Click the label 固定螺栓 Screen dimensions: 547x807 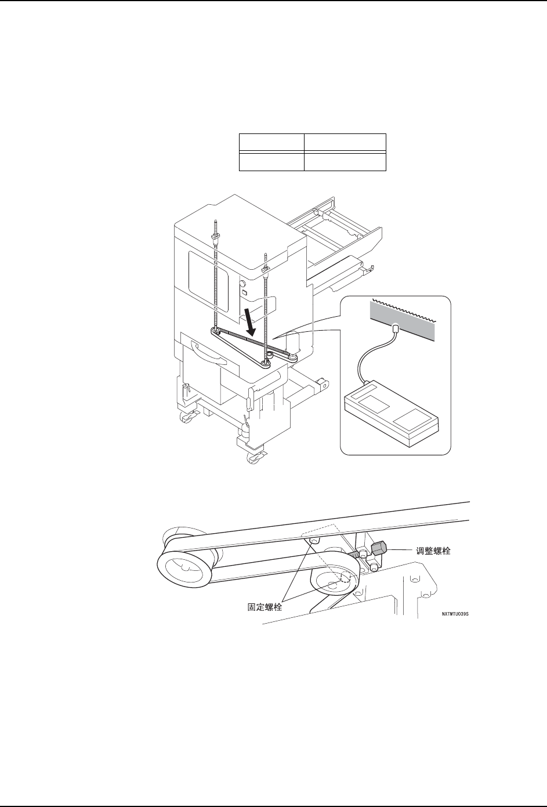click(261, 609)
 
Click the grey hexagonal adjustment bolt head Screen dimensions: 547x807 click(379, 549)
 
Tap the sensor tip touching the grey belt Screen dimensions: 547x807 click(394, 329)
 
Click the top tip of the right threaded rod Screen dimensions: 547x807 click(265, 255)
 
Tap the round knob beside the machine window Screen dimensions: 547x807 click(240, 285)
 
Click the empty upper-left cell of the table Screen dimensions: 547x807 click(271, 143)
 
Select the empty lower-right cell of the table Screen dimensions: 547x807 click(345, 161)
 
